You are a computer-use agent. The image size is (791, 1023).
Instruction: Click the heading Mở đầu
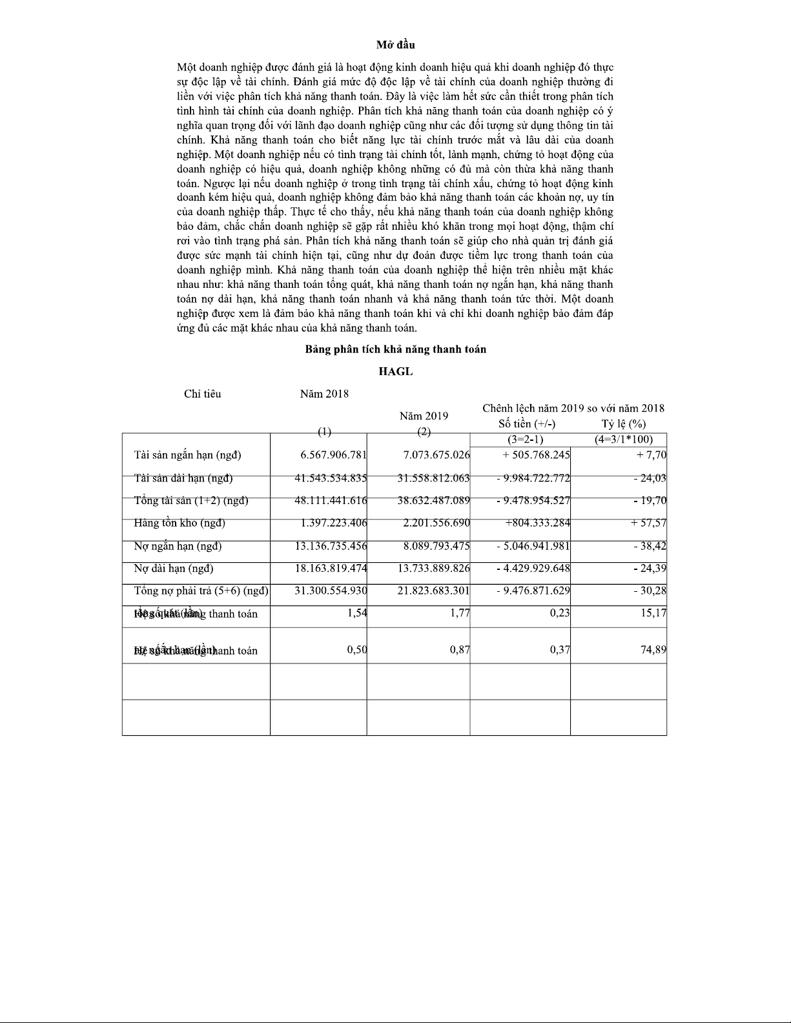tap(395, 45)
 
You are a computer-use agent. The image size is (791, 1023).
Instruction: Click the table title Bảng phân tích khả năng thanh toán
tap(395, 349)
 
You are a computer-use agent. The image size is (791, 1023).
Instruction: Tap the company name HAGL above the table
tap(395, 372)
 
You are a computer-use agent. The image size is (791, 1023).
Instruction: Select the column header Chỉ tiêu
tap(202, 394)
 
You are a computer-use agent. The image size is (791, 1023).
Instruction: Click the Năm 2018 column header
tap(324, 394)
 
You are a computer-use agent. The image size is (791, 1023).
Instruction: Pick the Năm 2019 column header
tap(424, 416)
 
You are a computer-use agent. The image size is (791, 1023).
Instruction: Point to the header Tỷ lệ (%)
tap(623, 424)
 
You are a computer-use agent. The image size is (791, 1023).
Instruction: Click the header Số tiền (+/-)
tap(527, 424)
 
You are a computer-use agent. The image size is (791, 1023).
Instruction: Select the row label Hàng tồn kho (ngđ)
tap(180, 523)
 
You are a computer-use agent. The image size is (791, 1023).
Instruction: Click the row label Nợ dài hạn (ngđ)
tap(173, 569)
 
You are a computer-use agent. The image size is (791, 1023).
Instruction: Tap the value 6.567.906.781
tap(333, 455)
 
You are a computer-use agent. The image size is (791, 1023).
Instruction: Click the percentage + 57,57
tap(648, 523)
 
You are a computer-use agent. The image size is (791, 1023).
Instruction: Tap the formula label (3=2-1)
tap(525, 440)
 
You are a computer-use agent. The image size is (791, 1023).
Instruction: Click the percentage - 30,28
tap(650, 591)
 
